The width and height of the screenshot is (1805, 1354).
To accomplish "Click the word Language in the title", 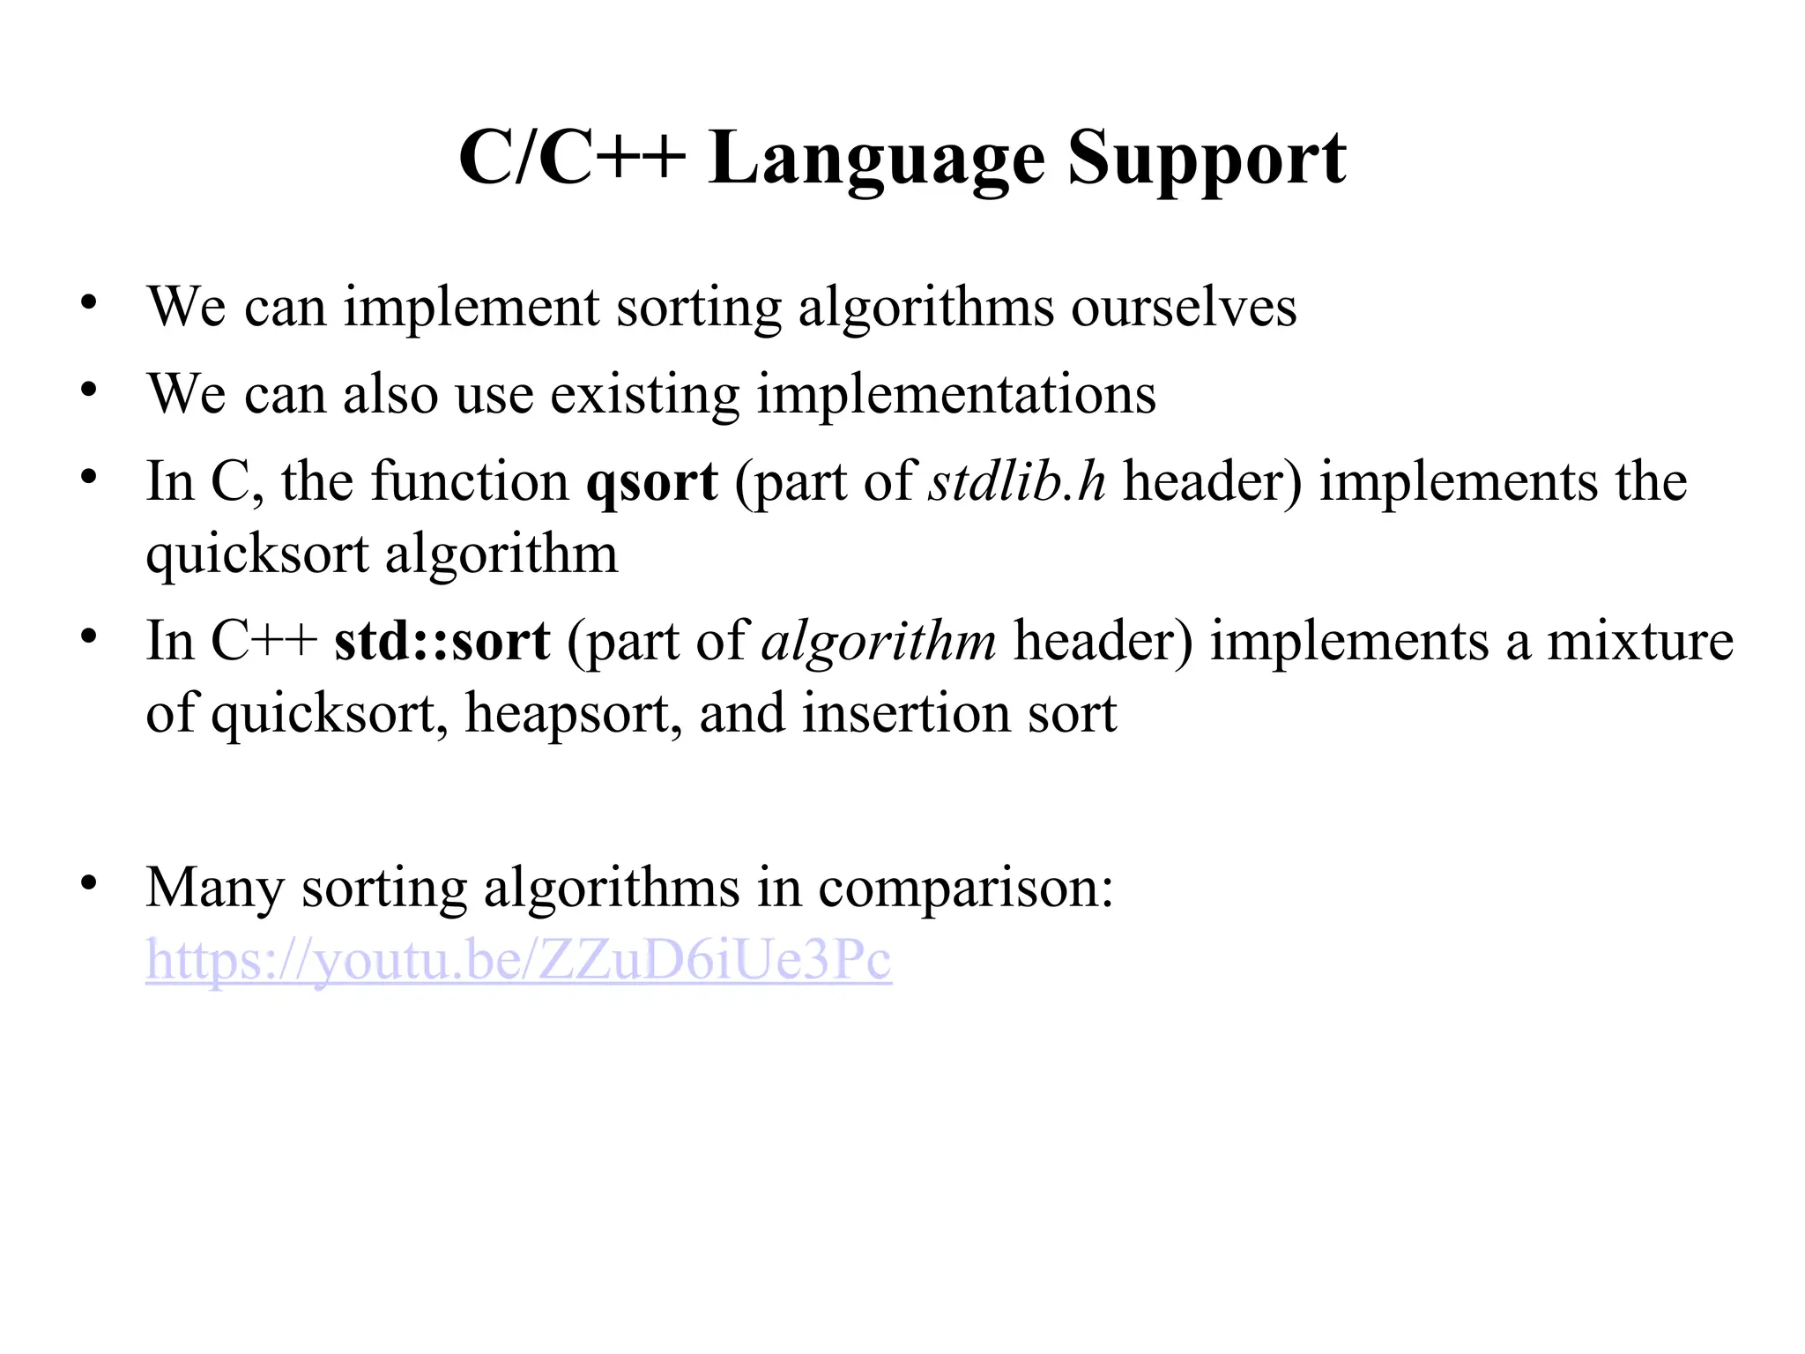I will click(876, 160).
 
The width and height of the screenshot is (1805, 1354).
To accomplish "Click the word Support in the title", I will click(1207, 160).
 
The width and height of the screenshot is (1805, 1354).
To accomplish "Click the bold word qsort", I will click(652, 483).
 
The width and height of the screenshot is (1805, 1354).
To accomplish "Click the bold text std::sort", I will click(442, 641).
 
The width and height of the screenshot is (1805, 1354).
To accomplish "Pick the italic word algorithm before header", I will click(879, 642).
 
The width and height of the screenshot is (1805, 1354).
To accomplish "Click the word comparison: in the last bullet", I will click(966, 888).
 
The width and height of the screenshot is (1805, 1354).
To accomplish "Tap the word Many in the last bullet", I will click(215, 888).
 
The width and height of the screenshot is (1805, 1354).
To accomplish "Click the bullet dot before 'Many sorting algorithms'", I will click(88, 882).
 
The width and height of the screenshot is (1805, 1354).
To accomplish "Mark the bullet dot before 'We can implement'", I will click(88, 302).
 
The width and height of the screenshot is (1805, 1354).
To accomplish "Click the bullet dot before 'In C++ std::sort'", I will click(88, 636).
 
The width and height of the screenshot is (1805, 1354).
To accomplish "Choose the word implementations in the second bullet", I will click(956, 395).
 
